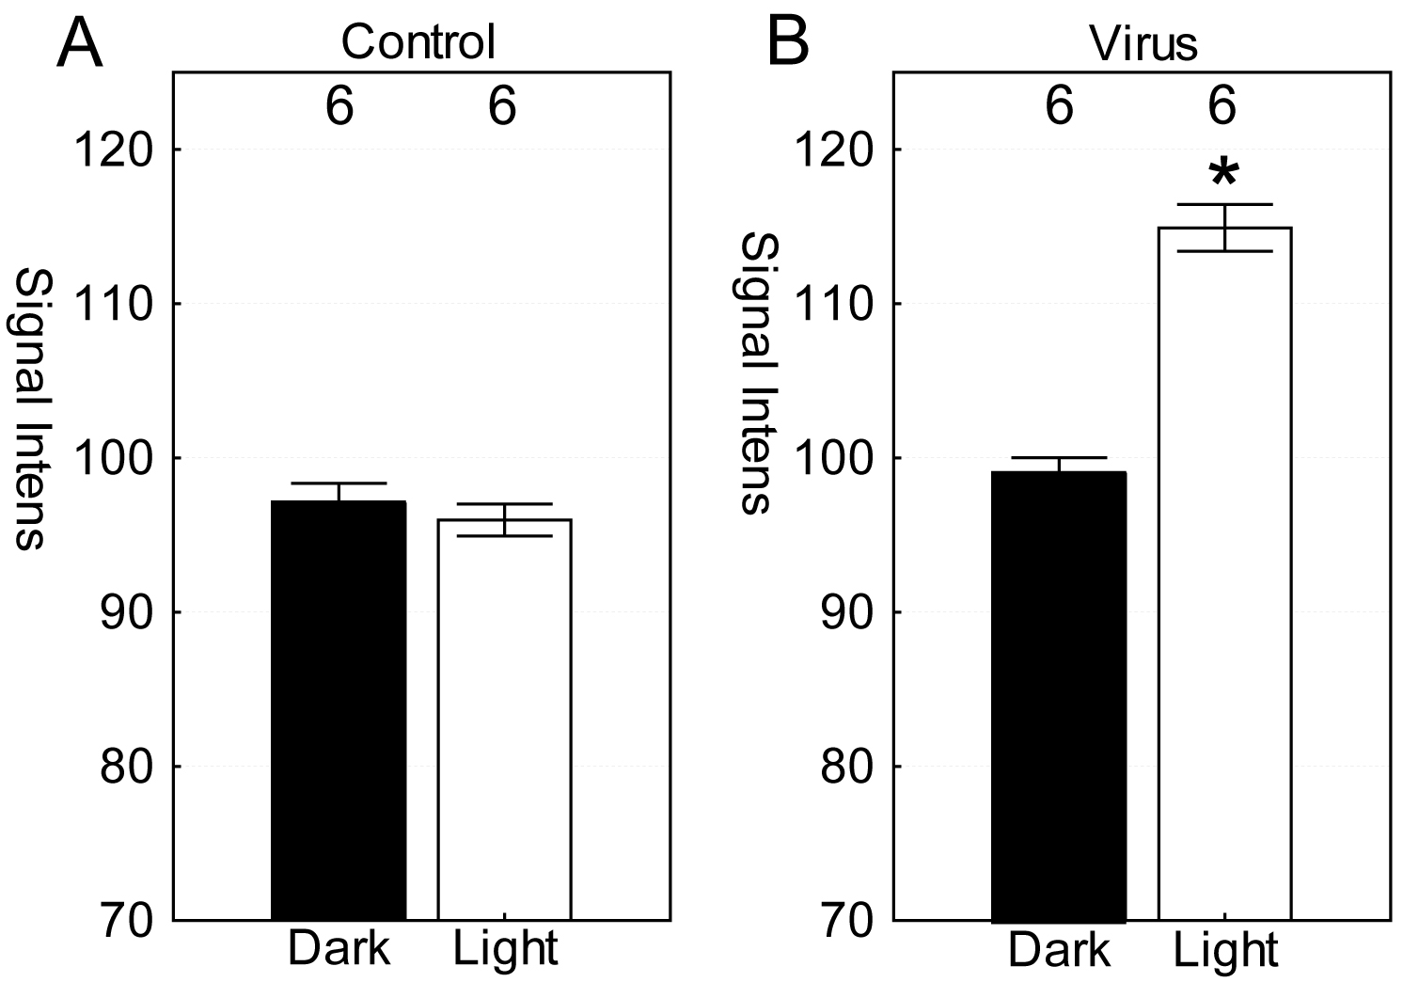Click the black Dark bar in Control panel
point(339,710)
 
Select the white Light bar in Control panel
point(504,720)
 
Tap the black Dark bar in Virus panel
point(1059,696)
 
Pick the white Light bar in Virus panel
point(1224,574)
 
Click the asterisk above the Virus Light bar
point(1223,175)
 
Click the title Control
point(418,41)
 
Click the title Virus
point(1143,41)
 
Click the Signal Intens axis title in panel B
point(754,373)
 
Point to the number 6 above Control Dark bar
point(339,107)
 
